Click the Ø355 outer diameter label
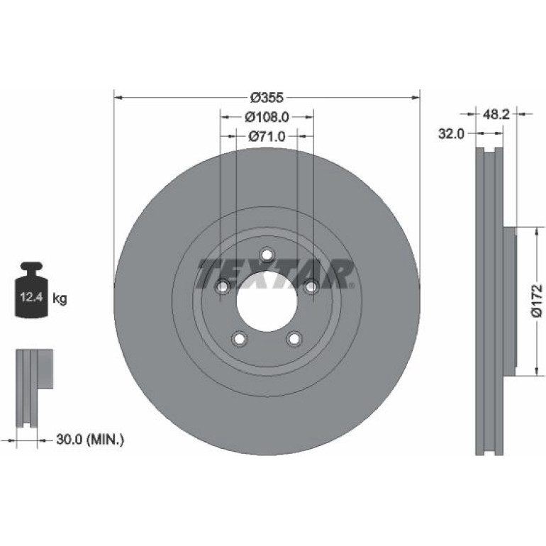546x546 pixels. (267, 98)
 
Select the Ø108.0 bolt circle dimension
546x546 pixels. (267, 117)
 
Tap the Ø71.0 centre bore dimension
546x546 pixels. (267, 136)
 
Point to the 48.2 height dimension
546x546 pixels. (496, 114)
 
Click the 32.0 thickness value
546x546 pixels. (451, 133)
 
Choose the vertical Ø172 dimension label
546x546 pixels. (537, 301)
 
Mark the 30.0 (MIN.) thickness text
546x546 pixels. (90, 440)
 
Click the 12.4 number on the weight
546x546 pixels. (31, 297)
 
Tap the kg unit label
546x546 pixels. (60, 299)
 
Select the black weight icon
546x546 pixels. (31, 290)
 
